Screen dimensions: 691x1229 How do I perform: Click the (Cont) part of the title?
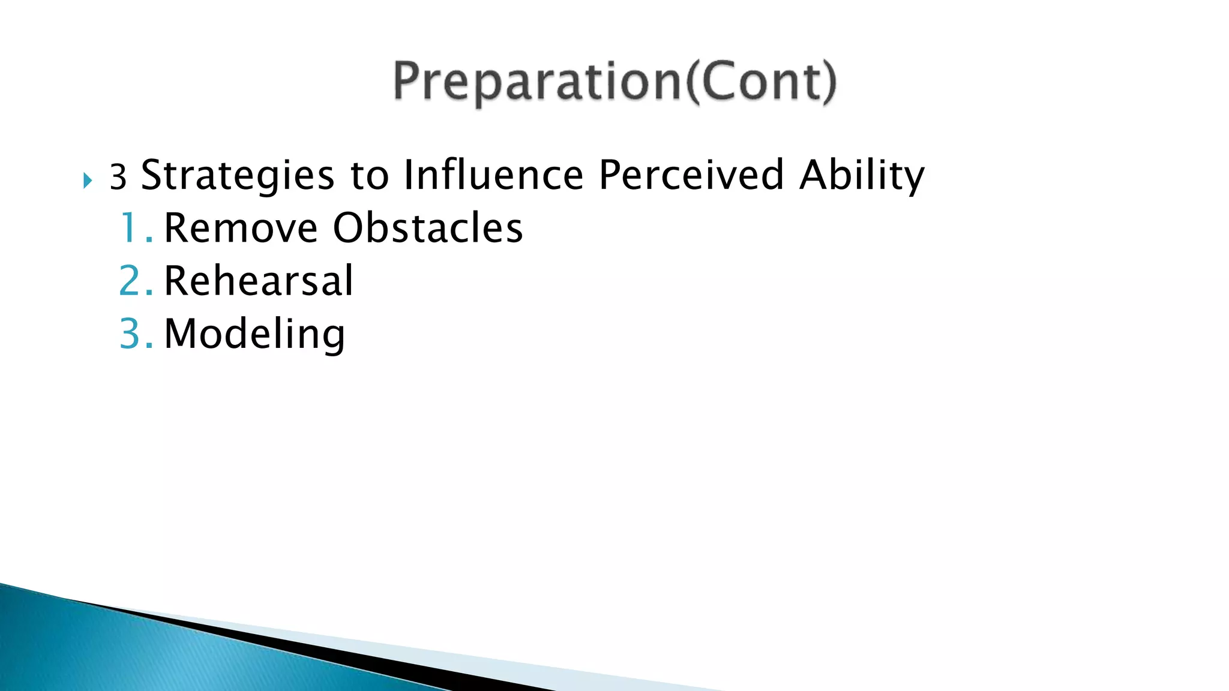760,82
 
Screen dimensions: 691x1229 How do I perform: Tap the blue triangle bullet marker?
88,180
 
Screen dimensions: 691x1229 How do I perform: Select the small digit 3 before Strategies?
118,178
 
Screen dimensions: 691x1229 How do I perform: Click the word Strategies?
237,176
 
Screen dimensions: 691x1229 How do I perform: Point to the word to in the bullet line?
369,176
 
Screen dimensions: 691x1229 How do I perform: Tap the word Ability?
862,176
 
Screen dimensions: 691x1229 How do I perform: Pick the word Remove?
240,229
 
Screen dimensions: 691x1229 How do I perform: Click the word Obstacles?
428,228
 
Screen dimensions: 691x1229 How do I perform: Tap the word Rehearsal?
259,281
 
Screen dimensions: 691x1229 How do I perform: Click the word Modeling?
254,335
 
